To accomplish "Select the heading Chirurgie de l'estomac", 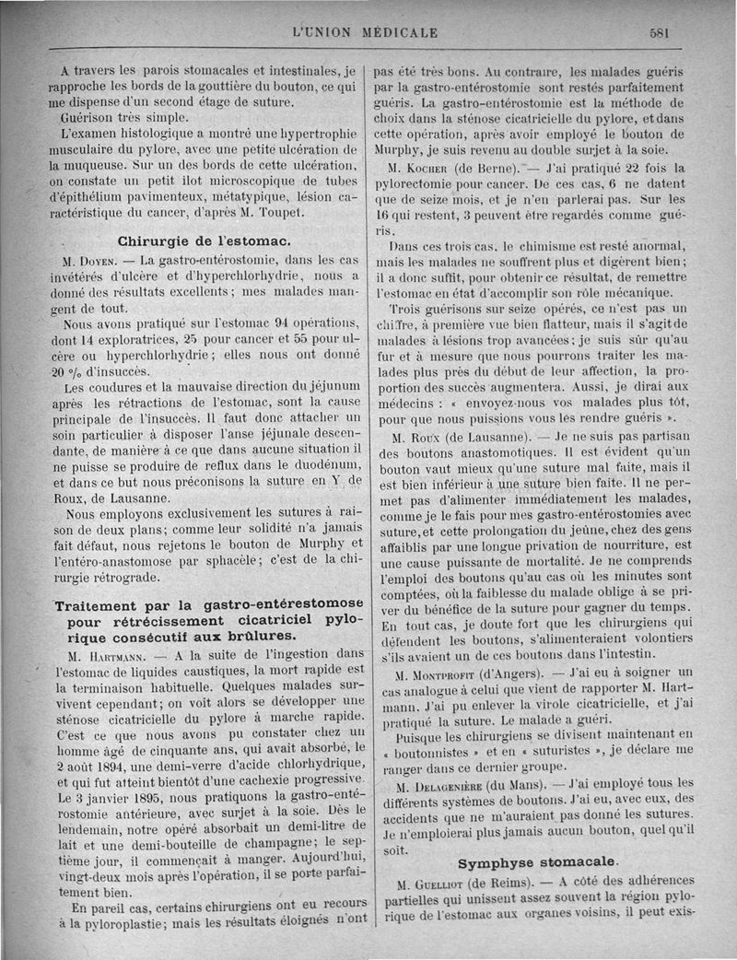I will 205,240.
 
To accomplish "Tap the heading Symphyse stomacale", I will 538,863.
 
